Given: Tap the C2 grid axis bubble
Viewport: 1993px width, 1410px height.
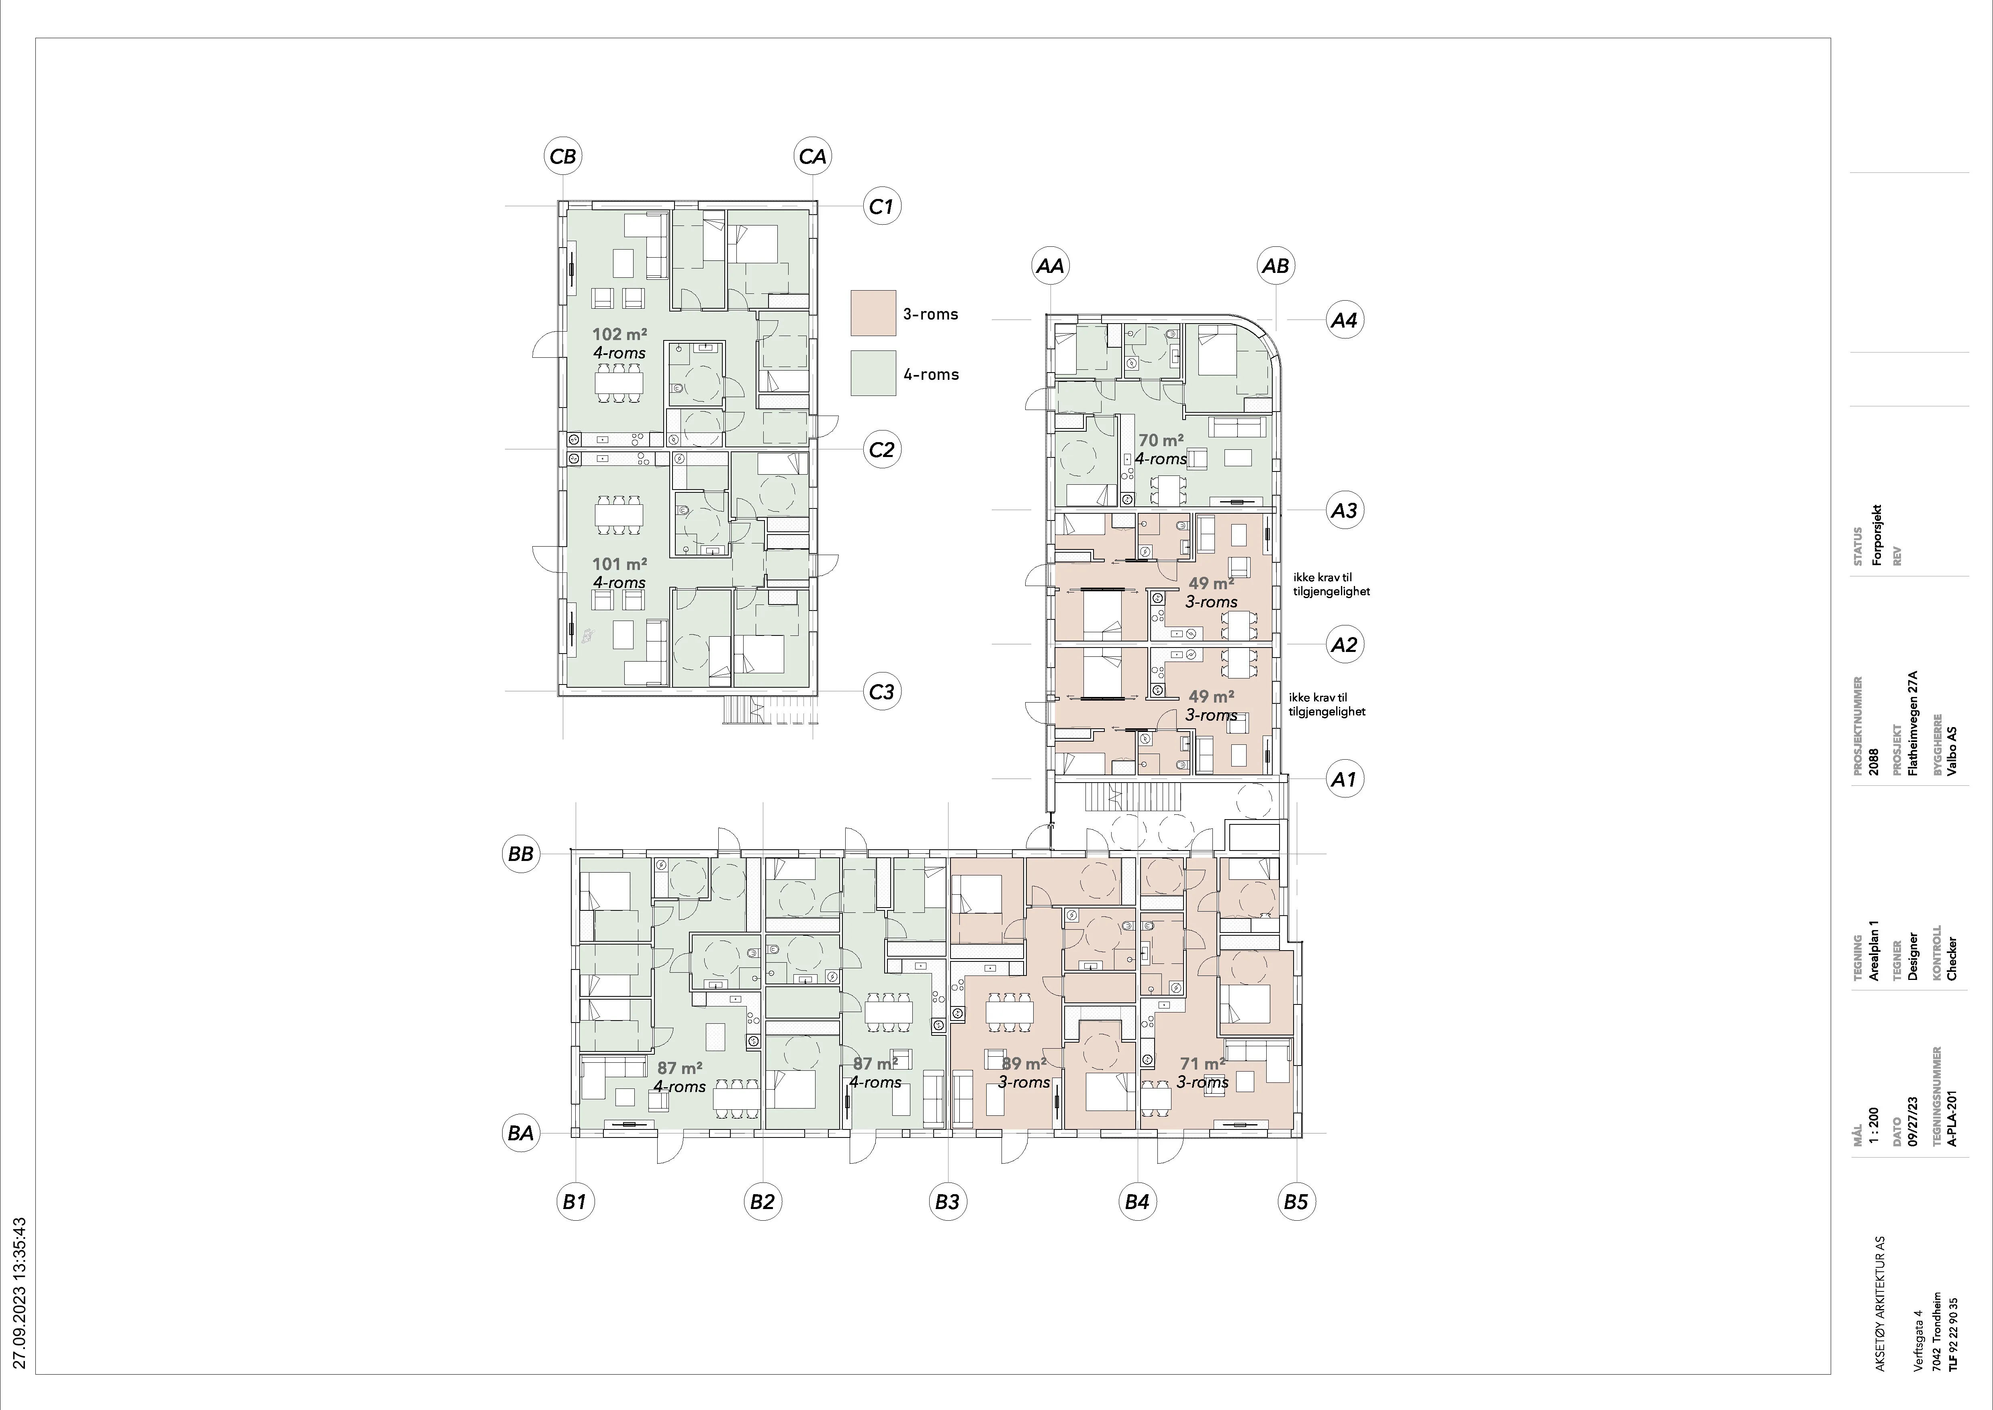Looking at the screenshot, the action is [881, 450].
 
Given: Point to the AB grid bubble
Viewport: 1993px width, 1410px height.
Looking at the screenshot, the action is [1275, 266].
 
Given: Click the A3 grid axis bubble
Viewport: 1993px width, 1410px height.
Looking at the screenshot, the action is [1344, 510].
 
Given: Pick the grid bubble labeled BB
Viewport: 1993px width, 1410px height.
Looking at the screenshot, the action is [521, 853].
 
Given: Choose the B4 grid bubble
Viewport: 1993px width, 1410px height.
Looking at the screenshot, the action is [1137, 1202].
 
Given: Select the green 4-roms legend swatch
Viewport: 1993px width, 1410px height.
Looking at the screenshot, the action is [873, 373].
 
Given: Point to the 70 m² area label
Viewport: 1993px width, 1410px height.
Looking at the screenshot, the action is [1161, 440].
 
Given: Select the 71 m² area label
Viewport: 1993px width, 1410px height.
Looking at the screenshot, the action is [1202, 1063].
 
